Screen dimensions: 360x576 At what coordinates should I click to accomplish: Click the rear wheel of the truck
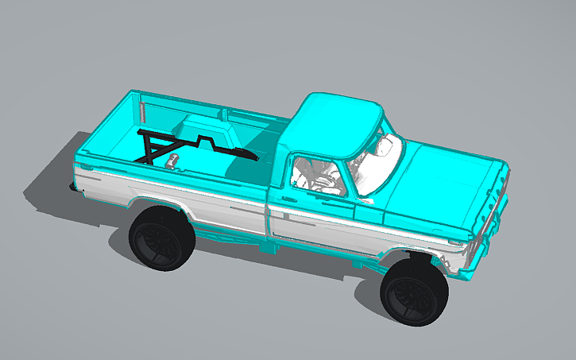163,238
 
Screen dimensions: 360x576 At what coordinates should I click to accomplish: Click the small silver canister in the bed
171,162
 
